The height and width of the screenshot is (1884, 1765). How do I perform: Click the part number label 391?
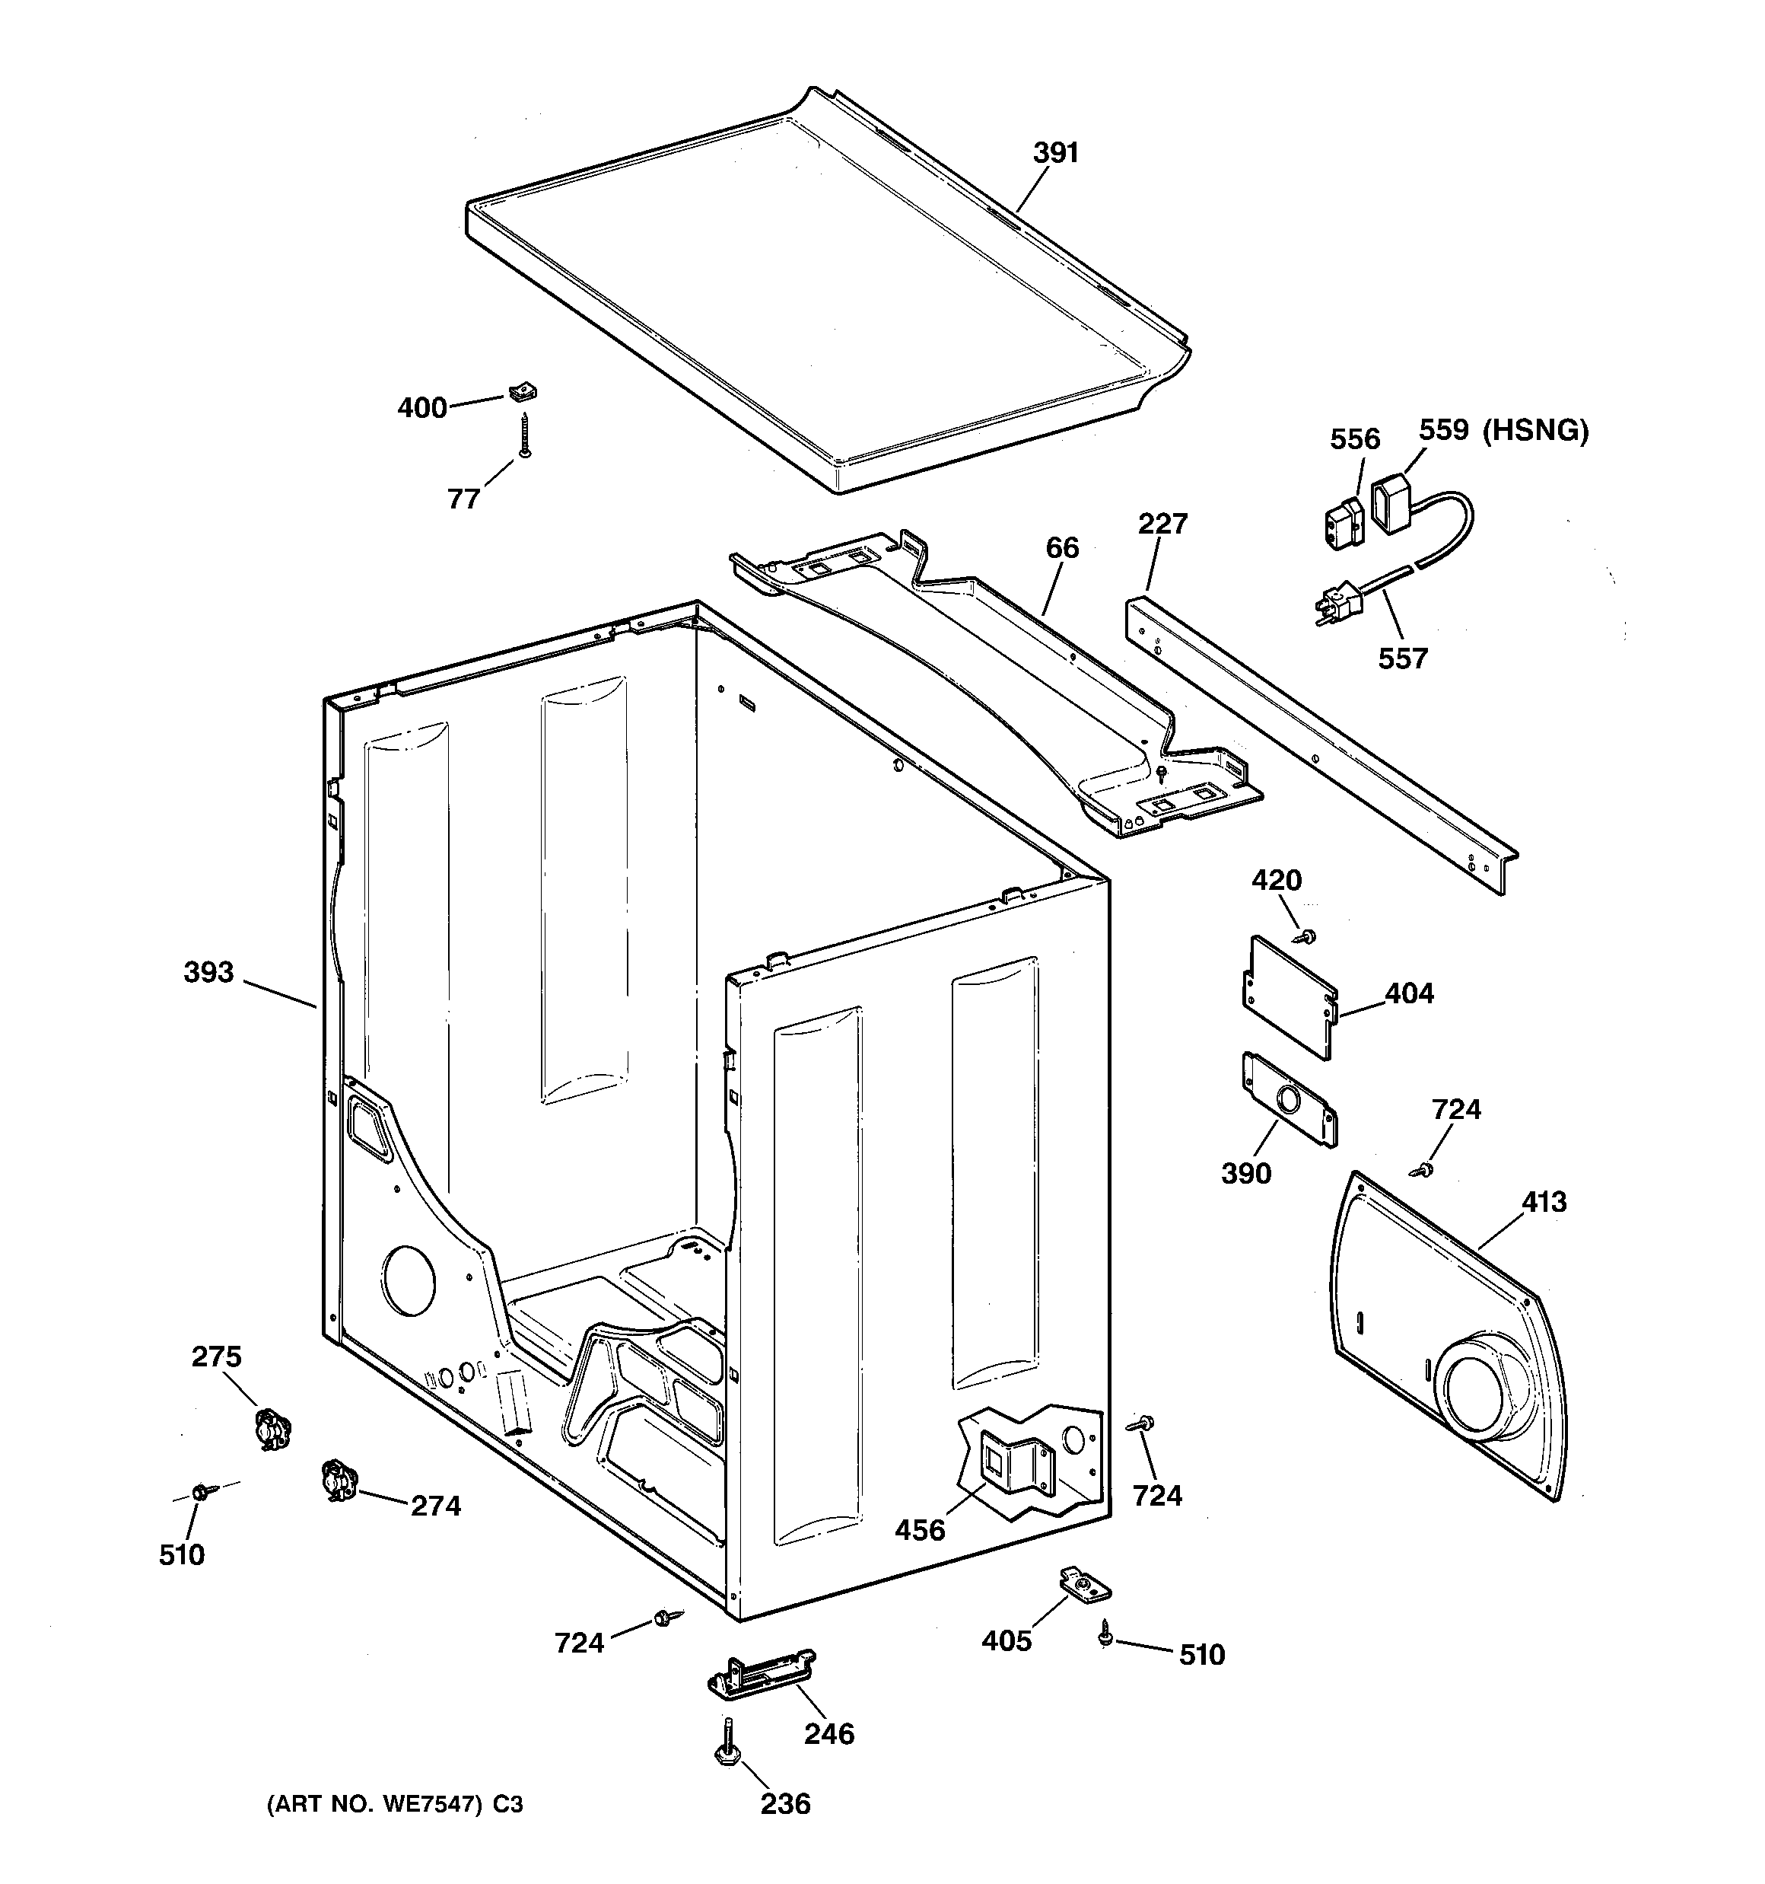[1055, 152]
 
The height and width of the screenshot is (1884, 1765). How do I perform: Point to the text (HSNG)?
[1534, 430]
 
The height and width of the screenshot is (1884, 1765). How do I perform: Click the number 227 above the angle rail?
[1162, 523]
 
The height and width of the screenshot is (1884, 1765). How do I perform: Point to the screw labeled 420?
[1309, 936]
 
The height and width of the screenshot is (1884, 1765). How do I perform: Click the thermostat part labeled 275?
[273, 1428]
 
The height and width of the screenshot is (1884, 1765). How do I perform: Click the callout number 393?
[208, 972]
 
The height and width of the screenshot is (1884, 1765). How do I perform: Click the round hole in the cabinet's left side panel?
[409, 1280]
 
